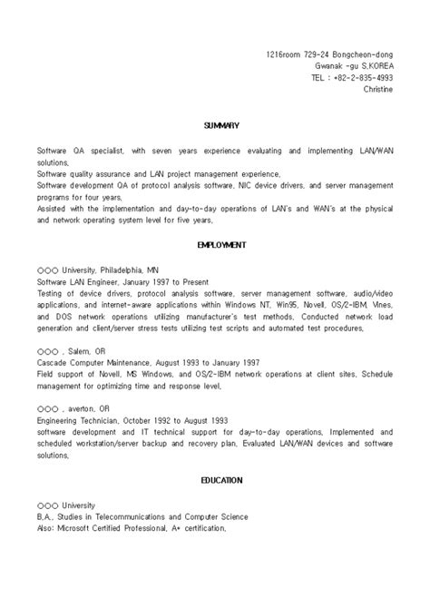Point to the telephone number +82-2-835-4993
point(356,77)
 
